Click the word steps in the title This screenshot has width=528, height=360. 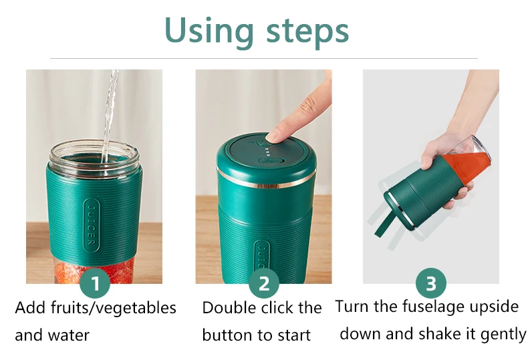pyautogui.click(x=307, y=33)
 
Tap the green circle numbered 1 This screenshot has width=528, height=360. pyautogui.click(x=96, y=283)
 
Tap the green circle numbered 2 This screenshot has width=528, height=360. pyautogui.click(x=263, y=283)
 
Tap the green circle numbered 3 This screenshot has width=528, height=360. pyautogui.click(x=431, y=283)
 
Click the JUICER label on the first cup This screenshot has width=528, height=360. pyautogui.click(x=92, y=224)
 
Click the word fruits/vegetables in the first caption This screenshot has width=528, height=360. pyautogui.click(x=114, y=308)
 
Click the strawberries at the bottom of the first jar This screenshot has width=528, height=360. pyautogui.click(x=94, y=272)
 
